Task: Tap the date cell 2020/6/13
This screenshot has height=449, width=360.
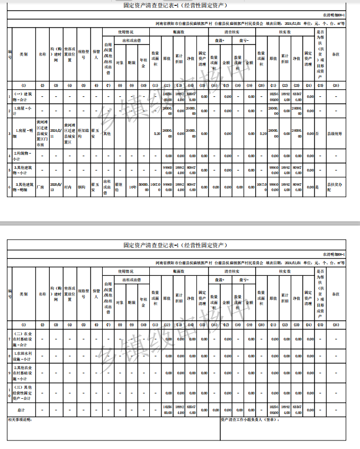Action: tap(56, 186)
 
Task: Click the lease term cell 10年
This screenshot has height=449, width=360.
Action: tap(133, 187)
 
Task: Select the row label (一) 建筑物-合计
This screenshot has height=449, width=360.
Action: tap(23, 96)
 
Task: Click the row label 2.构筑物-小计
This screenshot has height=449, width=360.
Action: tap(23, 156)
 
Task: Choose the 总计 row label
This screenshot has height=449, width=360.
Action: tap(21, 410)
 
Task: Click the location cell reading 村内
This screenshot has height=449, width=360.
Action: tap(69, 186)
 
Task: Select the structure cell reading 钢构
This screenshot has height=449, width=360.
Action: tap(83, 186)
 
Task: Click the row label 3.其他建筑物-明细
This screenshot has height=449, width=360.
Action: tap(23, 186)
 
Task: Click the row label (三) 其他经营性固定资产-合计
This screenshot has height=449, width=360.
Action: tap(23, 393)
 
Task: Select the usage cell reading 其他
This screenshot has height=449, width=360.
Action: tap(107, 133)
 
